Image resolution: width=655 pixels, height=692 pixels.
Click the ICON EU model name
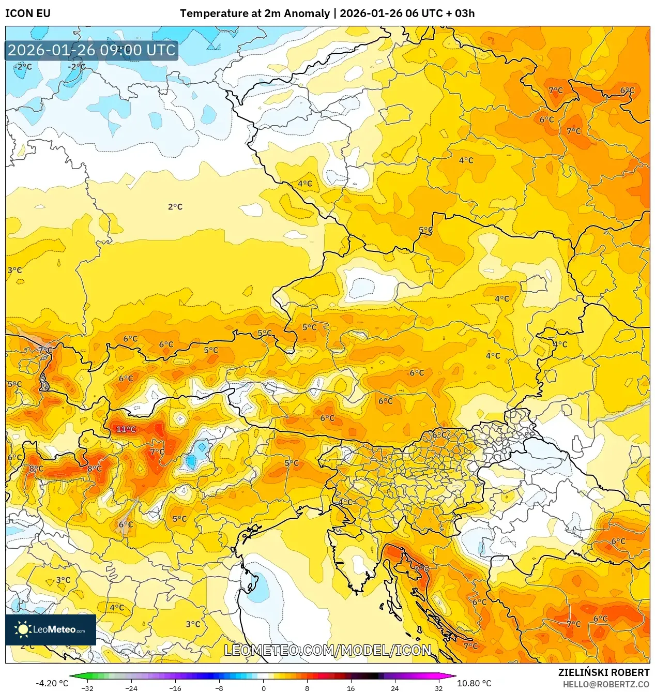tap(28, 13)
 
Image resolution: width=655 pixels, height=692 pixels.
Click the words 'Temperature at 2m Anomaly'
tap(254, 13)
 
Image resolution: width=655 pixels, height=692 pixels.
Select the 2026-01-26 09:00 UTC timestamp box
tap(92, 50)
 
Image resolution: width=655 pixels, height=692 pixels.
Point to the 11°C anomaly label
tap(126, 429)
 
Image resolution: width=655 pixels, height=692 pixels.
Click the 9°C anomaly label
tap(421, 568)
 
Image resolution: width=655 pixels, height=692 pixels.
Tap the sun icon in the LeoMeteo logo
tap(23, 629)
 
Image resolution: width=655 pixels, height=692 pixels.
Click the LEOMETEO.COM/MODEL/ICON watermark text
tap(327, 650)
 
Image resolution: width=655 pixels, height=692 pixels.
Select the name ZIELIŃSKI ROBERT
tap(603, 672)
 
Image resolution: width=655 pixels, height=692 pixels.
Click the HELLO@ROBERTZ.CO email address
tap(606, 684)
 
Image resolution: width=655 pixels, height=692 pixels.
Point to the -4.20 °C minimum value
tap(52, 683)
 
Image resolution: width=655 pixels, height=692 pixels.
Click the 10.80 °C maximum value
tap(474, 683)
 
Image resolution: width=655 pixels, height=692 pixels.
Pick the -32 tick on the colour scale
tap(87, 688)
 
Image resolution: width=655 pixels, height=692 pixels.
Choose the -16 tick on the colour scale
tap(175, 688)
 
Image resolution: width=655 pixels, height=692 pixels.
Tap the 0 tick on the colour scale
tap(263, 688)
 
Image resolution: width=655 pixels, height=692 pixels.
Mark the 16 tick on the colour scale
tap(351, 688)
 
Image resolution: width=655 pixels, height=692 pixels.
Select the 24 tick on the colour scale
tap(395, 688)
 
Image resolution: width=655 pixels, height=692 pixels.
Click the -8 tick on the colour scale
tap(219, 688)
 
